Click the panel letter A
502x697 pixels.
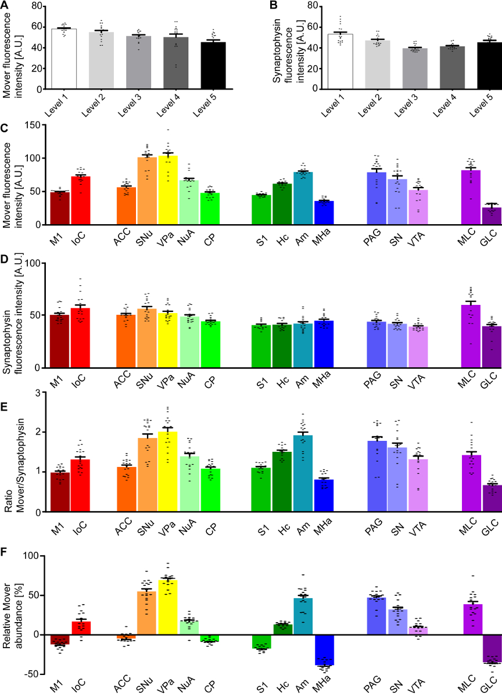(x=5, y=6)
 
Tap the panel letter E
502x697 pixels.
(x=5, y=391)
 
